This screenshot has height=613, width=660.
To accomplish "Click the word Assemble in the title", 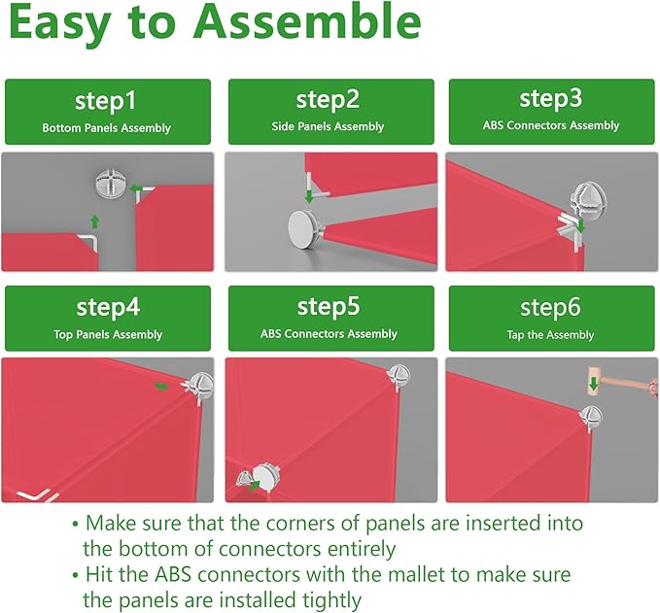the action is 308,21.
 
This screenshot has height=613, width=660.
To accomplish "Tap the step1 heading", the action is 106,101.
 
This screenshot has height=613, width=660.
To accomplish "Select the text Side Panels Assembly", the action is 328,126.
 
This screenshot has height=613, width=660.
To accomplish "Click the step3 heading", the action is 550,98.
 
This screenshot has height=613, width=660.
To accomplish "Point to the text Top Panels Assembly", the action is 108,334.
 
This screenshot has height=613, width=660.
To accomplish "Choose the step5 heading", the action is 329,306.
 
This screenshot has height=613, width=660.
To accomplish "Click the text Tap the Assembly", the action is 550,335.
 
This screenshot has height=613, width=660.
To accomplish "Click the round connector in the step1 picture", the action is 110,184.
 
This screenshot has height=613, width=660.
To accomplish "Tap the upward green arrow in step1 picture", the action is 95,221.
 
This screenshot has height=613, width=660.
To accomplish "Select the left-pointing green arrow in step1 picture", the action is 136,188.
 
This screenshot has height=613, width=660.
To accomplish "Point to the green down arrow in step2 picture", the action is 309,195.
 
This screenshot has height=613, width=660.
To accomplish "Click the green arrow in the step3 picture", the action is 581,224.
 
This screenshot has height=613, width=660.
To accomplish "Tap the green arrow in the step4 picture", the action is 161,387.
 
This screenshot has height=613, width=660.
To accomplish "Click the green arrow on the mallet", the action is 594,384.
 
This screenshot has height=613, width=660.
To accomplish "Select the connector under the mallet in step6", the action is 591,418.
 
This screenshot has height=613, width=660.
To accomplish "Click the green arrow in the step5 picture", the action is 255,486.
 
